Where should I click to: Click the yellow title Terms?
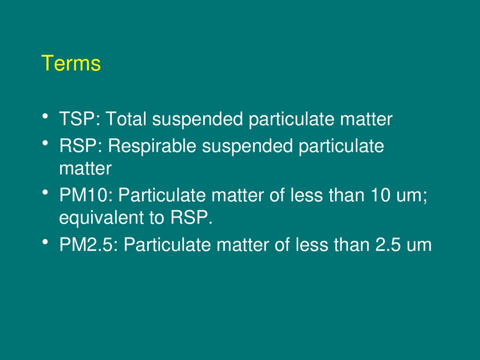pyautogui.click(x=71, y=63)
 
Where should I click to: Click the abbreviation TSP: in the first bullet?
pyautogui.click(x=80, y=119)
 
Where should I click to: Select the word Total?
pyautogui.click(x=126, y=119)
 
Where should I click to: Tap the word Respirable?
pyautogui.click(x=152, y=146)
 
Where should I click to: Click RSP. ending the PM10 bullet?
pyautogui.click(x=192, y=217)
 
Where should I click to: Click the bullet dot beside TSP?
pyautogui.click(x=45, y=116)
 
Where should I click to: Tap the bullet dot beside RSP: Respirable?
pyautogui.click(x=45, y=143)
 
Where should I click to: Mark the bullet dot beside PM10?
pyautogui.click(x=45, y=192)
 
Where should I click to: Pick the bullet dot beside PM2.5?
pyautogui.click(x=45, y=242)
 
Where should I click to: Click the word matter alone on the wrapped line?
pyautogui.click(x=85, y=168)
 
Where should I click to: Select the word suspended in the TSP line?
pyautogui.click(x=197, y=119)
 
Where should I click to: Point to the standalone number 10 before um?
pyautogui.click(x=380, y=195)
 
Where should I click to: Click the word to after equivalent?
pyautogui.click(x=156, y=217)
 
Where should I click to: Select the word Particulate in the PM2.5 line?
pyautogui.click(x=167, y=245)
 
